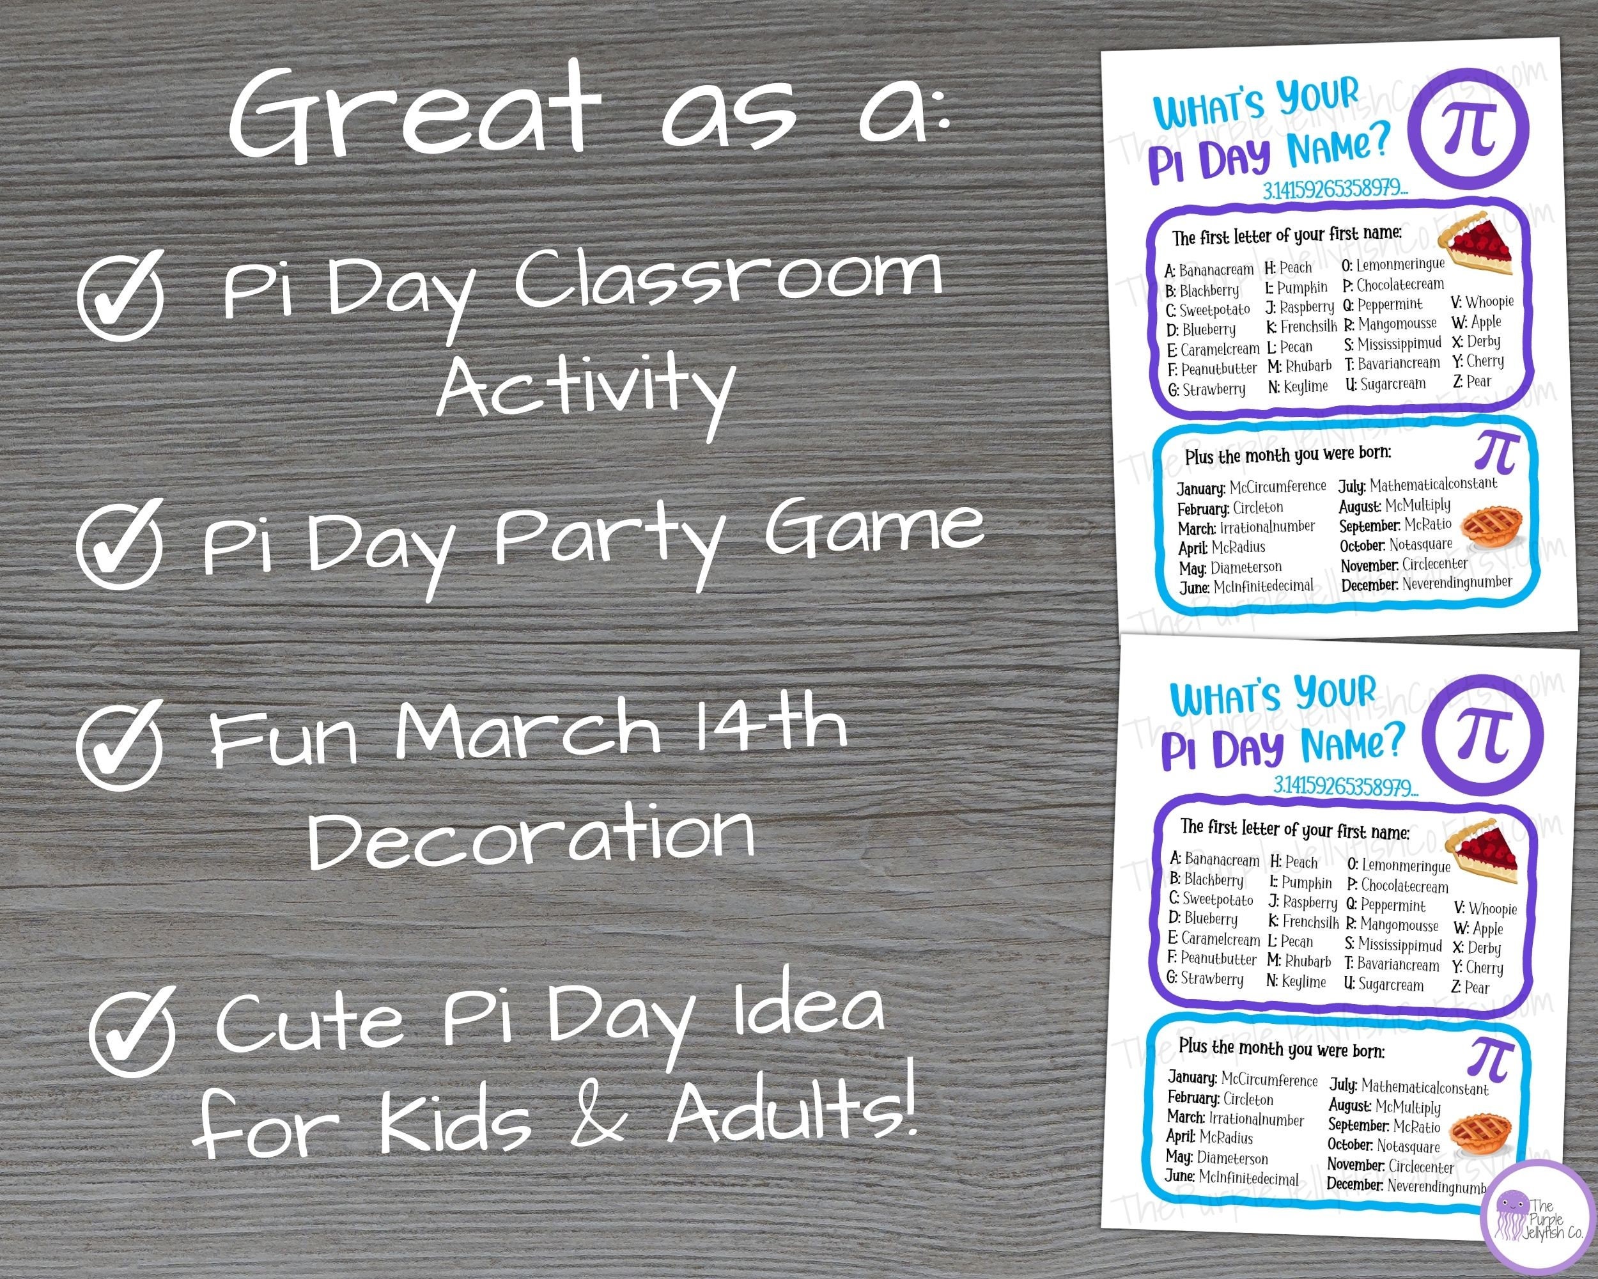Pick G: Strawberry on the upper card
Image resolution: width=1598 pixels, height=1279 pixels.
pyautogui.click(x=1207, y=389)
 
